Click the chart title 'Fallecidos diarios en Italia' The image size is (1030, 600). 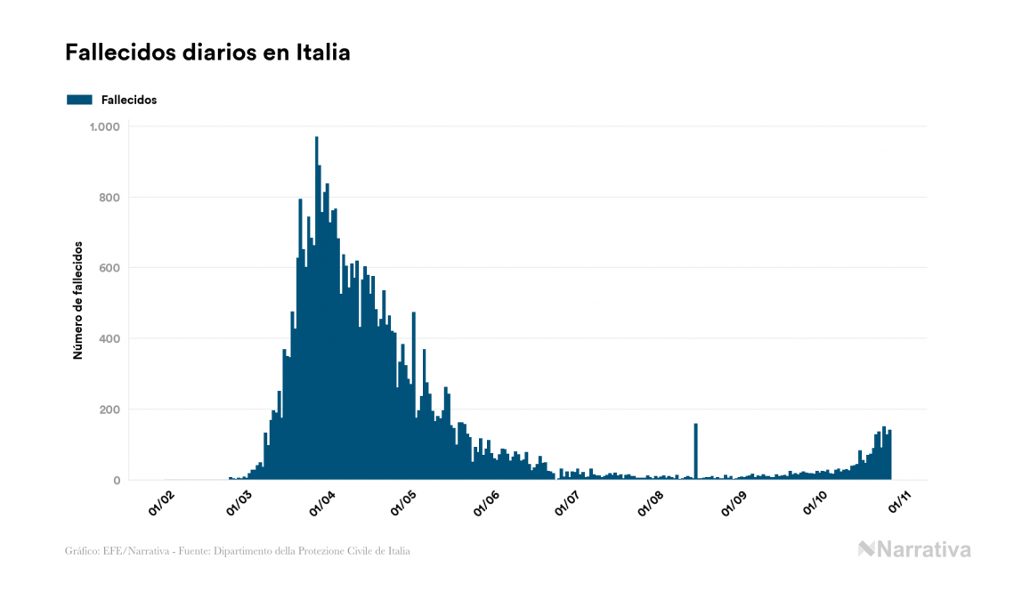coord(207,53)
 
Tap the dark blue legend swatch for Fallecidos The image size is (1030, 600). coord(79,100)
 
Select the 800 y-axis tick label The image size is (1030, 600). coord(109,197)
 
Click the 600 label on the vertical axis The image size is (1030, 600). coord(109,268)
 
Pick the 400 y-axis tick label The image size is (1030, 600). coord(109,338)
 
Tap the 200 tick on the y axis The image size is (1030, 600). coord(109,409)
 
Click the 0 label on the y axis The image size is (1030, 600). coord(116,481)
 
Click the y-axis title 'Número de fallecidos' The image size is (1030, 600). coord(78,300)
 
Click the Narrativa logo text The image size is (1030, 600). coord(923,549)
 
